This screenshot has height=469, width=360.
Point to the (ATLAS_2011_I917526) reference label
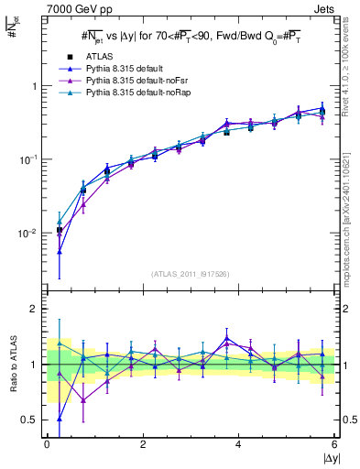coord(191,273)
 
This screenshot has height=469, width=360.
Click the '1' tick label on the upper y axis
coord(35,86)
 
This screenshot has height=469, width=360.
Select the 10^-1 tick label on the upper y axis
coord(30,159)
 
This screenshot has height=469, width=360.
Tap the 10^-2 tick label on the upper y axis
coord(30,234)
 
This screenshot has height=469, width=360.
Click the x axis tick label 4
coord(239,444)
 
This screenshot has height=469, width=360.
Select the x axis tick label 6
coord(334,444)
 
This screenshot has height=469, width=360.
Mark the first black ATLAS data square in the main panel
coord(60,230)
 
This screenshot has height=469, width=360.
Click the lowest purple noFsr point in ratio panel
coord(83,400)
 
